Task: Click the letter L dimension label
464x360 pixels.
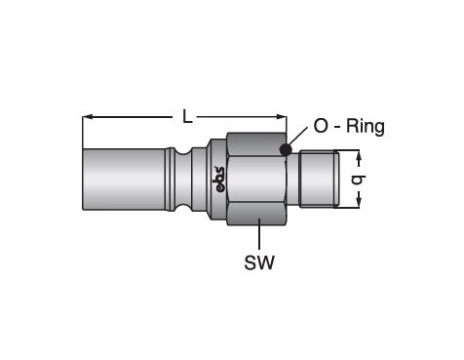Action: point(187,116)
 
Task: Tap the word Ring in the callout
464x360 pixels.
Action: point(366,127)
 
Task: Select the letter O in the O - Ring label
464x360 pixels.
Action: point(321,126)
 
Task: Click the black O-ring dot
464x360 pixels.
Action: point(286,149)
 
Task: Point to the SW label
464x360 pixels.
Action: point(259,262)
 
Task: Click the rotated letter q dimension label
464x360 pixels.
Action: point(359,180)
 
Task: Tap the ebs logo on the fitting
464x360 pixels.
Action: point(220,180)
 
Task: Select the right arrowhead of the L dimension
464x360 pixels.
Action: point(282,117)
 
